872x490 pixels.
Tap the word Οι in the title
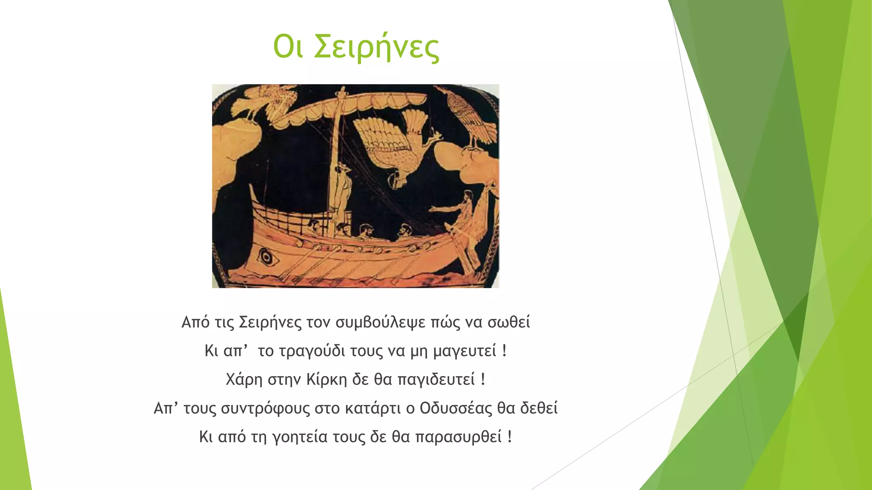(x=288, y=47)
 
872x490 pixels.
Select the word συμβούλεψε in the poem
(x=380, y=322)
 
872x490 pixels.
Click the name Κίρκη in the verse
(x=327, y=379)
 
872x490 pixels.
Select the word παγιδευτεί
(x=436, y=379)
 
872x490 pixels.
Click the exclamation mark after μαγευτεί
(x=505, y=351)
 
